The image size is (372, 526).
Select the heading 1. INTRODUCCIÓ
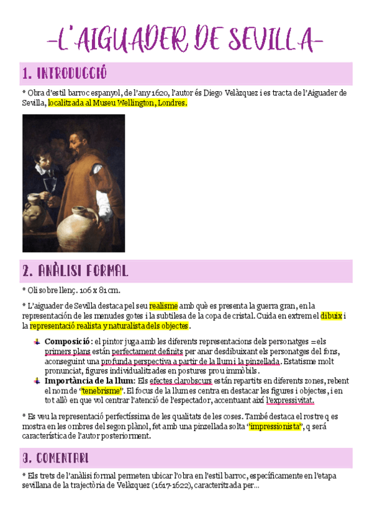(x=64, y=74)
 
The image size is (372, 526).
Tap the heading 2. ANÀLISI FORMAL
(x=75, y=271)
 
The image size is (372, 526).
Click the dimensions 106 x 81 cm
(x=92, y=290)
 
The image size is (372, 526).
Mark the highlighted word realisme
(x=163, y=305)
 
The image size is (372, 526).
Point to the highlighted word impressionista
(x=274, y=426)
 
